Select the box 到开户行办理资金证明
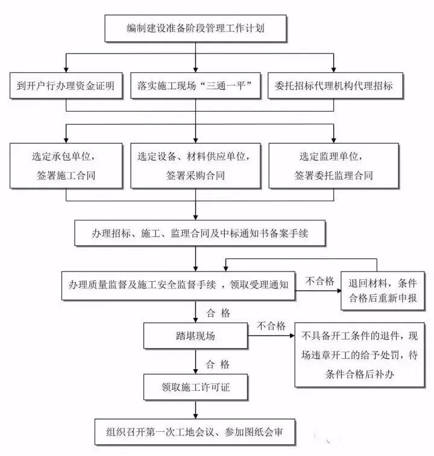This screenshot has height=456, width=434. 66,86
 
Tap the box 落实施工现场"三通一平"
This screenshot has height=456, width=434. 194,86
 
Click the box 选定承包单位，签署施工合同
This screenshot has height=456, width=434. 66,165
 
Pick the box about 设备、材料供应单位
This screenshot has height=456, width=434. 195,165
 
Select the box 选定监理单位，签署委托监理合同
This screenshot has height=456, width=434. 333,165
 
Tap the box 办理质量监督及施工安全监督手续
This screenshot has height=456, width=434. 178,284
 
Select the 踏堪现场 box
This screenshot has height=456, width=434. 194,334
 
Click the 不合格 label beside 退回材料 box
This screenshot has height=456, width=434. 320,280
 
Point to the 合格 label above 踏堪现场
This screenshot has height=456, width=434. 218,312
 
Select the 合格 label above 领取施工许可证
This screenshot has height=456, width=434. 218,364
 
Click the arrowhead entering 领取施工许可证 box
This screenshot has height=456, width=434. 195,370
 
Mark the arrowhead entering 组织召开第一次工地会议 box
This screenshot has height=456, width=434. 195,415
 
